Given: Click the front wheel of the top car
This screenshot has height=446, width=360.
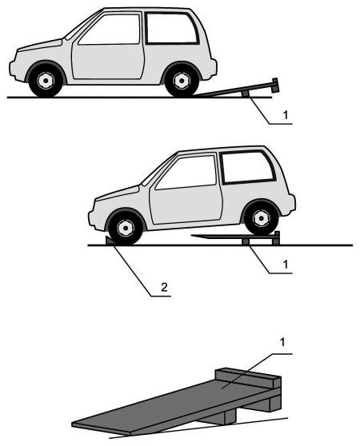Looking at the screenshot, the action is pos(46,81).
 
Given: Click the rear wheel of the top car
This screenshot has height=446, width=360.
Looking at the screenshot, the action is pos(182,81).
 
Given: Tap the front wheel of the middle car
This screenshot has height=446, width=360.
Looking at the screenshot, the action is pos(126,229).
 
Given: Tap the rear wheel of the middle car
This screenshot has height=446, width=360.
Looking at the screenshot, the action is pos(261,218).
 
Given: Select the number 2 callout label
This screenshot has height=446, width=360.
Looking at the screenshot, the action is pos(164,287).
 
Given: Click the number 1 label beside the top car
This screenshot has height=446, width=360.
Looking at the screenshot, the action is pos(286,115).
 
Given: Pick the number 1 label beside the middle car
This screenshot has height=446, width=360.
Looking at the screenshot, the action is pos(286,265).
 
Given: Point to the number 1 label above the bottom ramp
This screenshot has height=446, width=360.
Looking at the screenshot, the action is pos(282,342).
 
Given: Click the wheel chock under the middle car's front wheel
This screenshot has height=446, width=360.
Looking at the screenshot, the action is pos(109,241).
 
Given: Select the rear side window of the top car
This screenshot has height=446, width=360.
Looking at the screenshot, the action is pos(171,28).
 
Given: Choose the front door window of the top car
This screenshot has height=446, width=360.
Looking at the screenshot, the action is pos(110,30).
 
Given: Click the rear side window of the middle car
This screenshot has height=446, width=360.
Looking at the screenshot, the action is pos(248,166).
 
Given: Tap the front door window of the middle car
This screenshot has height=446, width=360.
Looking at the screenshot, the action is pos(186,173).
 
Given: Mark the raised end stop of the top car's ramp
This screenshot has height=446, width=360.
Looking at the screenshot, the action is pos(275,85).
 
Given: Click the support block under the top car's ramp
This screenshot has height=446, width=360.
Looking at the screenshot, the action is pos(245,94).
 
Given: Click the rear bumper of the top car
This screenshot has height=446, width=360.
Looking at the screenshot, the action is pos(214,67).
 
